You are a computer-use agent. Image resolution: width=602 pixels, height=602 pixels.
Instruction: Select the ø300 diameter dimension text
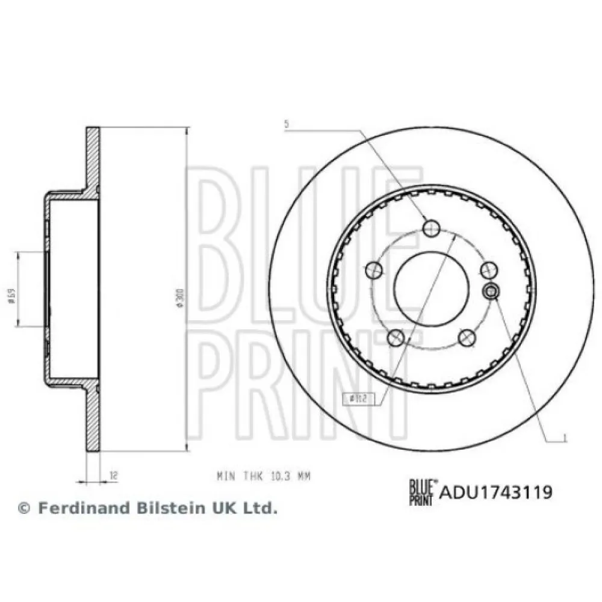pos(179,297)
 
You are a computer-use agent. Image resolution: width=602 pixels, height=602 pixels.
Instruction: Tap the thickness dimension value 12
pos(113,476)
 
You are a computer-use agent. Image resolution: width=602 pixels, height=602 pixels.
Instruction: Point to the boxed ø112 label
pos(356,397)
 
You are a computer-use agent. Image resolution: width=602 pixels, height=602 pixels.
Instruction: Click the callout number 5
pos(287,125)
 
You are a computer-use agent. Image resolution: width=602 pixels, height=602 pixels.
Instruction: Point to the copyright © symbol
pos(24,509)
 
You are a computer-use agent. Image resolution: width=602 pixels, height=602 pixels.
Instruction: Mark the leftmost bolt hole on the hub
pos(374,270)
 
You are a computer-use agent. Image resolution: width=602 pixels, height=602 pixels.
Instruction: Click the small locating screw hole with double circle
pos(491,291)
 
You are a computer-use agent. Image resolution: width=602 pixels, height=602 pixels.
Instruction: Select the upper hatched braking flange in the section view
pos(93,158)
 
